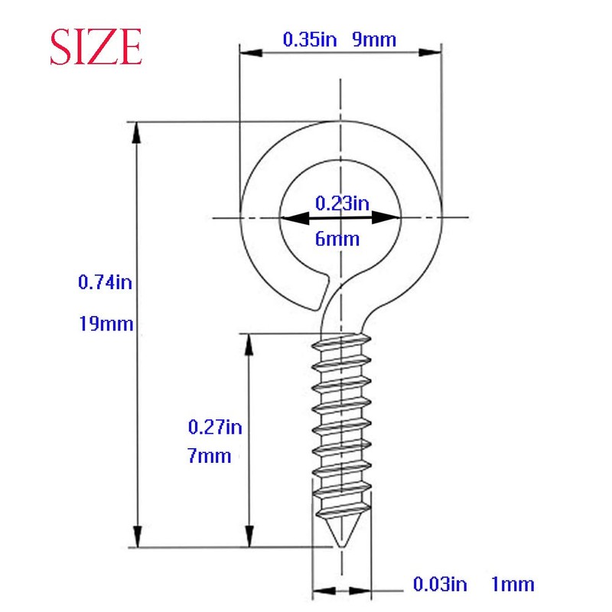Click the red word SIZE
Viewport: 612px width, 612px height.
[x=96, y=47]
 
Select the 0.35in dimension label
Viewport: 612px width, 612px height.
[x=310, y=40]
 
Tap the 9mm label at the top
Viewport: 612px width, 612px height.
[x=374, y=40]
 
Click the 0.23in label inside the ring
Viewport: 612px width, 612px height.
[x=342, y=203]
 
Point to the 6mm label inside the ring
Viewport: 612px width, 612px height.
[x=337, y=239]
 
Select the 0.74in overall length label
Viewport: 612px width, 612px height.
[x=106, y=282]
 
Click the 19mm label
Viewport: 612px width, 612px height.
[x=106, y=324]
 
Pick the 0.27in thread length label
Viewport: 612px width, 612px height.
[x=215, y=427]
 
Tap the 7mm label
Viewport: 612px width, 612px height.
[x=209, y=457]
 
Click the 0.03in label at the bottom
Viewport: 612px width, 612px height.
[x=440, y=585]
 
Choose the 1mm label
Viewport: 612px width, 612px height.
[x=512, y=585]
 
